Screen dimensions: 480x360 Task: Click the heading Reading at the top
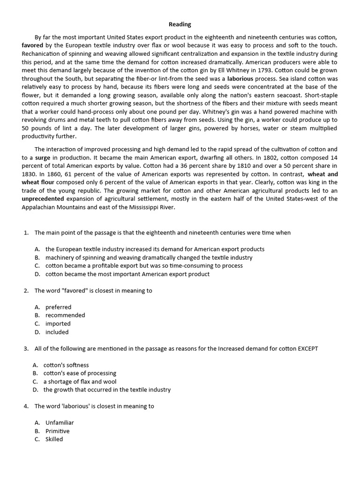tap(180, 24)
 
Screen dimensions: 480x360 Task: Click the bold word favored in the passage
tap(32, 45)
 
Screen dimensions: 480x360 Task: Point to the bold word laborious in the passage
tap(240, 79)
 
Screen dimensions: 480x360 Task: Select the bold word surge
tap(43, 157)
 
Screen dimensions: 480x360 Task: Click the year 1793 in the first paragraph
tap(263, 70)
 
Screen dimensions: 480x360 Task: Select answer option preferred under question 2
tap(58, 307)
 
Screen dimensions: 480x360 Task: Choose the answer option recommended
tap(65, 315)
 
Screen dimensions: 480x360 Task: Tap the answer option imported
tap(58, 323)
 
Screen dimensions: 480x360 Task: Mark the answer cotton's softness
tap(66, 365)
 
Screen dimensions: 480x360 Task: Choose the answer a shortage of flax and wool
tap(80, 382)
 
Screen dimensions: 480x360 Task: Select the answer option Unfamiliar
tap(60, 422)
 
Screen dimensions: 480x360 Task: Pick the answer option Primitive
tap(57, 431)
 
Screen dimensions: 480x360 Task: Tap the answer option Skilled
tap(54, 439)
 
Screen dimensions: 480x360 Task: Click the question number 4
tap(26, 406)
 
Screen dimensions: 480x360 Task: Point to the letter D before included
tap(37, 332)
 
